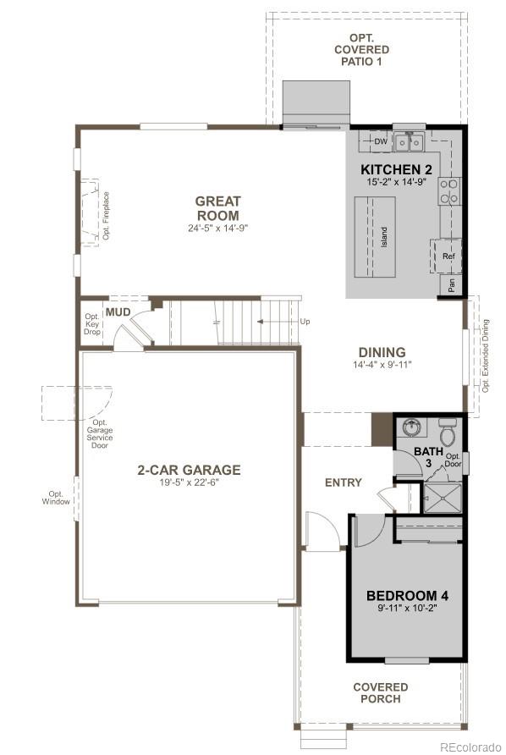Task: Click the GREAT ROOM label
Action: point(217,207)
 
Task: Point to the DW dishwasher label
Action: point(381,141)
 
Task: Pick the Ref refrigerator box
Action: point(448,256)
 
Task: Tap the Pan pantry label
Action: point(451,286)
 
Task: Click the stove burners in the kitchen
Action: point(448,191)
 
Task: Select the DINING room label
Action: point(382,352)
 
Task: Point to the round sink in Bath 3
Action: point(412,427)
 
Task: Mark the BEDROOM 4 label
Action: point(407,596)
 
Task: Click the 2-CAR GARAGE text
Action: point(190,470)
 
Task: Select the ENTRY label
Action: point(344,482)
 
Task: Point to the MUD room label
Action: point(118,312)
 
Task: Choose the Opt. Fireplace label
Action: point(107,215)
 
